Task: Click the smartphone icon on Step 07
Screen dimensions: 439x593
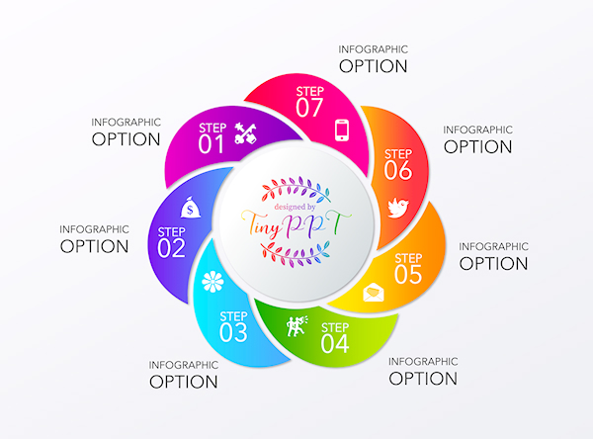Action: [x=343, y=130]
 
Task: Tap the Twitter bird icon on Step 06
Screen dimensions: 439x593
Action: [x=397, y=207]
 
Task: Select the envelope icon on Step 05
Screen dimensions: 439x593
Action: [x=375, y=292]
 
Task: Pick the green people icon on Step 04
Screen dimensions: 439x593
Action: [x=296, y=325]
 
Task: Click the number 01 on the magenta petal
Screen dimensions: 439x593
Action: [x=212, y=145]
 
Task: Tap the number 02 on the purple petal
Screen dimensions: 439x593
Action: [x=172, y=248]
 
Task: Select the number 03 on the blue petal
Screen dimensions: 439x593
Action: [x=234, y=333]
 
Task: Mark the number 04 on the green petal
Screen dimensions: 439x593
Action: [x=335, y=344]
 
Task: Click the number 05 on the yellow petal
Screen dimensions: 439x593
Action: [x=408, y=275]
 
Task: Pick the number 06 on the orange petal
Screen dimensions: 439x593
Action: [x=397, y=170]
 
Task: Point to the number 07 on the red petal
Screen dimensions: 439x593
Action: [x=309, y=107]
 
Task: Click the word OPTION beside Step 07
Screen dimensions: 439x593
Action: [x=373, y=66]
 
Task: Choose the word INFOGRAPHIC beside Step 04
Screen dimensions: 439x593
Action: [x=422, y=361]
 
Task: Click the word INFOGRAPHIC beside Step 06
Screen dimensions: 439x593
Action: [x=477, y=130]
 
